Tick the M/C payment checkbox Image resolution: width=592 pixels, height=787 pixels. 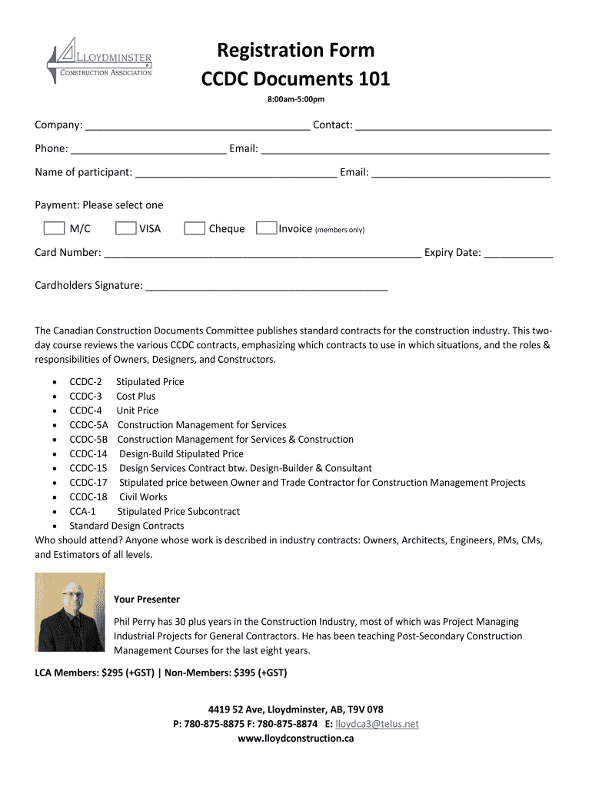pyautogui.click(x=54, y=228)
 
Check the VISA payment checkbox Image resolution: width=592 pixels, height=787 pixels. pyautogui.click(x=125, y=228)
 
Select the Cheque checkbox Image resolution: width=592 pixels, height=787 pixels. pyautogui.click(x=195, y=228)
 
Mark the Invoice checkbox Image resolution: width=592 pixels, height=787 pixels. pyautogui.click(x=266, y=228)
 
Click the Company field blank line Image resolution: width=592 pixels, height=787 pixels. pyautogui.click(x=198, y=128)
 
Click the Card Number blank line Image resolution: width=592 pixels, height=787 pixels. pyautogui.click(x=262, y=255)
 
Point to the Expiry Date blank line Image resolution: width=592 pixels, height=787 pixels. pyautogui.click(x=519, y=255)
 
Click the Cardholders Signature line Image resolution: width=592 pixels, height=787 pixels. pyautogui.click(x=266, y=288)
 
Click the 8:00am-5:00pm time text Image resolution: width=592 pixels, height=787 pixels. pyautogui.click(x=295, y=100)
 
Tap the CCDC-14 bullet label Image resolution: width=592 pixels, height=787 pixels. pyautogui.click(x=88, y=454)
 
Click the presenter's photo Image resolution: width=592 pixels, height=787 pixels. pyautogui.click(x=69, y=612)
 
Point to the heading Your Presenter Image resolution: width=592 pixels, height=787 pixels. pyautogui.click(x=147, y=599)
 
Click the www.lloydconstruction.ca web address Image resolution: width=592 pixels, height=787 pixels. pyautogui.click(x=296, y=739)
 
